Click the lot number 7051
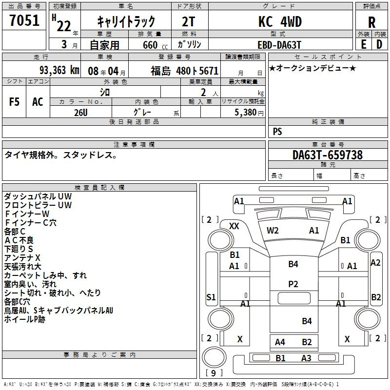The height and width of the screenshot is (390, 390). pos(24,20)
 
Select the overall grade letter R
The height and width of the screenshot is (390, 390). pos(371,22)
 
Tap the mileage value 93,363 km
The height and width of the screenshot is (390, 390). pos(59,70)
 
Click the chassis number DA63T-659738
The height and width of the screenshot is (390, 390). pos(328,155)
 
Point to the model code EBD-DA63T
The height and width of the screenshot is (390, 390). pos(279,45)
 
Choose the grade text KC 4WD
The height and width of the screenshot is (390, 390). pos(280,21)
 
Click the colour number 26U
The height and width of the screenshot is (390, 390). pos(81,113)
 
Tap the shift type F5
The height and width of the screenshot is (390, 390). pos(14,102)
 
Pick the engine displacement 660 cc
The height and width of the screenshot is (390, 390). pos(155,45)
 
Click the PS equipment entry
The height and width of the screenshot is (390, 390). pos(277,131)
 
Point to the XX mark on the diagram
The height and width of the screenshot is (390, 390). pos(234,226)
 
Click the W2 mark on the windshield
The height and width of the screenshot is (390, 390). pos(273,231)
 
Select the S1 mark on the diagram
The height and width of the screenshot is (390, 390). pos(211,297)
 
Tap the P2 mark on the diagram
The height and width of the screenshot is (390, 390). pos(293,284)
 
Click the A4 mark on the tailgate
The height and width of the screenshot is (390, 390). pos(280,342)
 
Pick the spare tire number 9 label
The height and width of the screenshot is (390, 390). pos(214,373)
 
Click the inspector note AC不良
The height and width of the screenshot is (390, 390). pos(19,240)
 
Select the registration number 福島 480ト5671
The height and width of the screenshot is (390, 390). pos(185,71)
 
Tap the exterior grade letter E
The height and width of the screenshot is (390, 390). pos(363,44)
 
